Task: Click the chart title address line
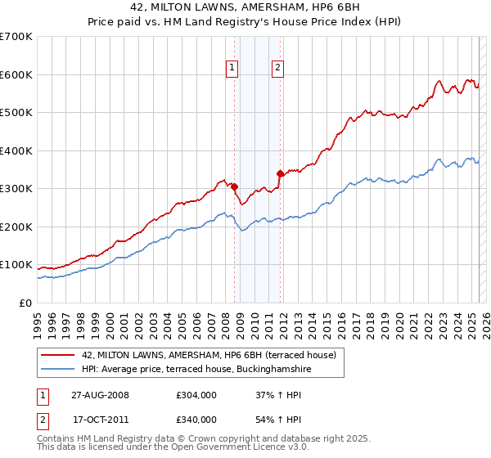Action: (x=245, y=7)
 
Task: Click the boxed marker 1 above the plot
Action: (x=233, y=69)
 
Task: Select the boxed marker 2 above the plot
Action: (x=278, y=69)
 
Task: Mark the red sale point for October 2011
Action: (x=280, y=173)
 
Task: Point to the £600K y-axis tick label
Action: (x=16, y=74)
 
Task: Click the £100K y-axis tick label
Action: (x=16, y=265)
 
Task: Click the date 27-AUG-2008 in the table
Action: (x=100, y=394)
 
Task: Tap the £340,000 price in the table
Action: (x=196, y=419)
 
